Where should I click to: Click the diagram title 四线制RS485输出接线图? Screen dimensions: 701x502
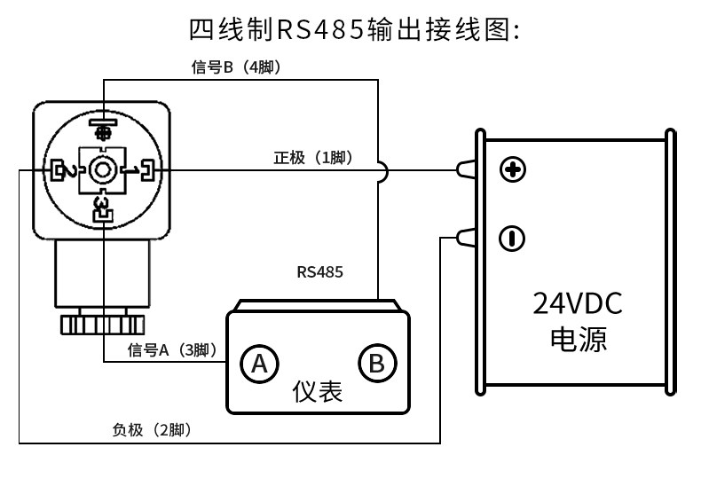(x=354, y=30)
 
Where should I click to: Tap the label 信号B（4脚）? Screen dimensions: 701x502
(x=237, y=67)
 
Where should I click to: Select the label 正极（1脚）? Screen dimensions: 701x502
(x=313, y=158)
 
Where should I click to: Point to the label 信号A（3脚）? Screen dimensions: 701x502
(x=172, y=350)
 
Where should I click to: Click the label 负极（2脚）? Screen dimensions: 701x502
(x=152, y=430)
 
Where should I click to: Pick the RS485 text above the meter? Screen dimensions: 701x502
(x=319, y=272)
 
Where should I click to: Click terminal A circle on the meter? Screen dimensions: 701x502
(x=259, y=364)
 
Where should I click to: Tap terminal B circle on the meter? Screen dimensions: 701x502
(x=377, y=364)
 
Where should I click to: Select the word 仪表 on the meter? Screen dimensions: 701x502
(x=318, y=392)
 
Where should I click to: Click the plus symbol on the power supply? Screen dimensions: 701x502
(x=512, y=169)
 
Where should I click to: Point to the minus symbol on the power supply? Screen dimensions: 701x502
(x=512, y=239)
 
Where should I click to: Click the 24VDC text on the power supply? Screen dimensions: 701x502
(x=577, y=303)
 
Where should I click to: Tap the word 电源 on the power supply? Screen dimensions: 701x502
(x=578, y=340)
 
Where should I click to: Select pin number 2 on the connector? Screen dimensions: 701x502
(x=71, y=171)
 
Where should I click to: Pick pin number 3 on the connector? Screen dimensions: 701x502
(x=102, y=203)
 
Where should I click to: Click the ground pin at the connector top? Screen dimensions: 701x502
(x=103, y=128)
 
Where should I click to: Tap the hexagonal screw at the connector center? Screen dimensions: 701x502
(x=103, y=170)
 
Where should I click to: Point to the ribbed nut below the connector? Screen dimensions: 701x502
(x=102, y=325)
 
